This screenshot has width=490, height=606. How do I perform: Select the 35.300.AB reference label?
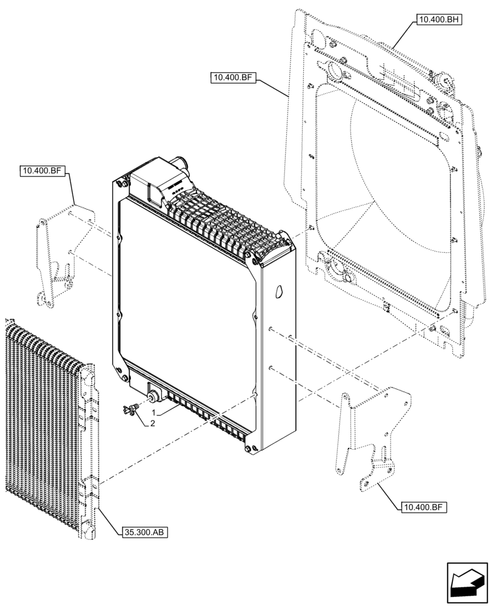coord(143,533)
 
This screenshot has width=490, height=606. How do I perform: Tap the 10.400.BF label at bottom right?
coord(423,507)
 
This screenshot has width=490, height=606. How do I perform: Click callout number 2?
coord(153,424)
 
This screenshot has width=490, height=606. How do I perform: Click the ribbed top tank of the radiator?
coord(224,224)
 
